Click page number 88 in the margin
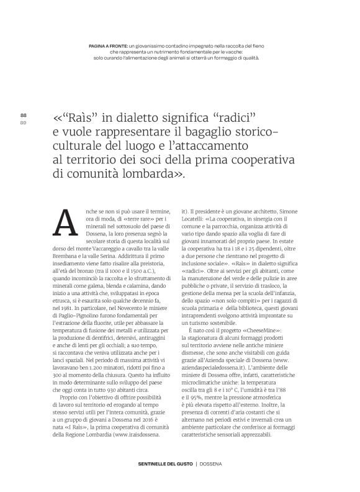pyautogui.click(x=24, y=116)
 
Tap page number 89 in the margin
pyautogui.click(x=24, y=122)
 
